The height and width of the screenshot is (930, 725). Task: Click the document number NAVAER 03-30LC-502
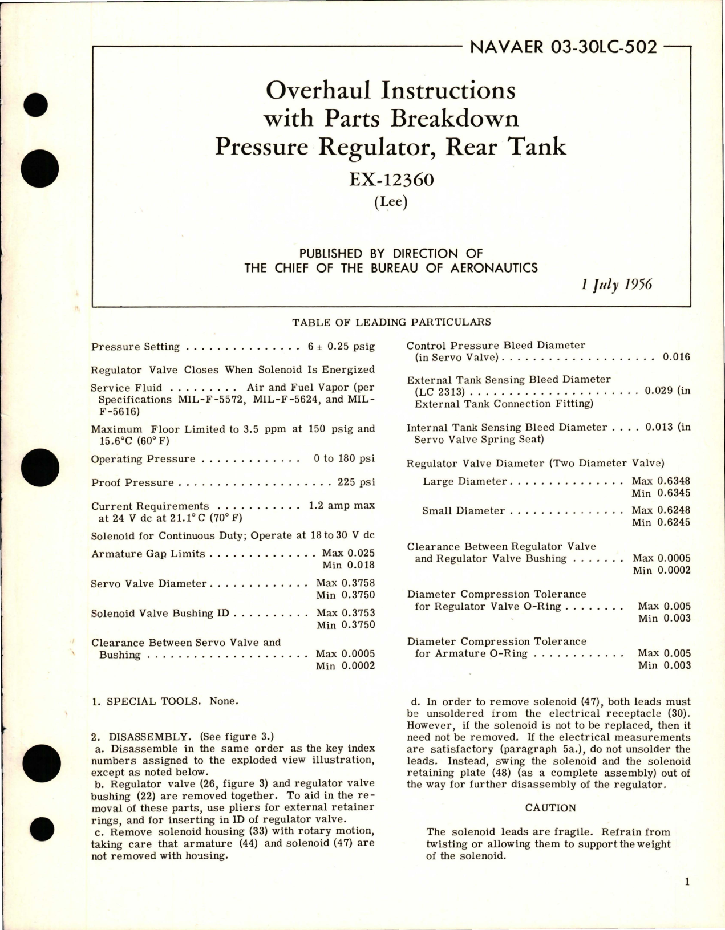coord(563,46)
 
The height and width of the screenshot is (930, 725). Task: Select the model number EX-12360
coord(391,180)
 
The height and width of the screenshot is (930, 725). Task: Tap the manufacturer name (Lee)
coord(391,202)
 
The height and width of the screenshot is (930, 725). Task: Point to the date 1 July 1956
coord(616,285)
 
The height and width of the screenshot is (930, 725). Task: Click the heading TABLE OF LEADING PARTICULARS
coord(391,322)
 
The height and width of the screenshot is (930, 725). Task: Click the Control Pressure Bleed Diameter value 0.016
coord(676,357)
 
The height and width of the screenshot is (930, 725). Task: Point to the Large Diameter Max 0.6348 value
coord(661,481)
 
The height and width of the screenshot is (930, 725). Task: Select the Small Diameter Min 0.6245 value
coord(661,522)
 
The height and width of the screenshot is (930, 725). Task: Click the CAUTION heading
coord(550,808)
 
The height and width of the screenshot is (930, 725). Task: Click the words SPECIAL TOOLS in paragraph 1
coord(153,701)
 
